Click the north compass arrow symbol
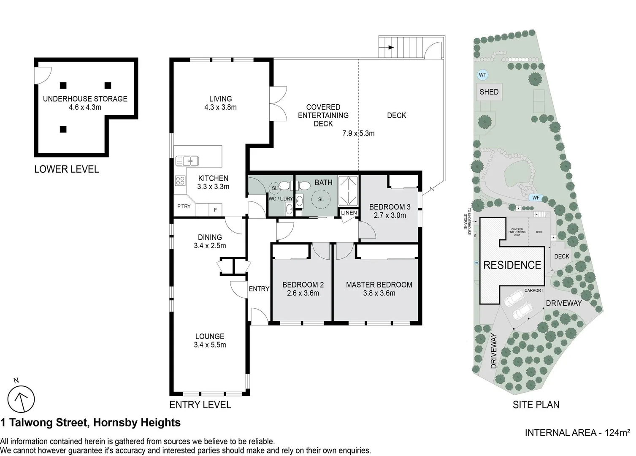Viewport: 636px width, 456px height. pyautogui.click(x=21, y=399)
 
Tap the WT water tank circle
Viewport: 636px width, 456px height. pyautogui.click(x=482, y=75)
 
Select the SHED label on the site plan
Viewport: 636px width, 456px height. pyautogui.click(x=489, y=92)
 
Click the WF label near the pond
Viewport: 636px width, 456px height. pyautogui.click(x=536, y=198)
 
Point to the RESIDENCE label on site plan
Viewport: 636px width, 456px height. pyautogui.click(x=512, y=265)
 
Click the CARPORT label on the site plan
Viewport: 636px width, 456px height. pyautogui.click(x=533, y=290)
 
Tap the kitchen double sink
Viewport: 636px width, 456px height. pyautogui.click(x=187, y=161)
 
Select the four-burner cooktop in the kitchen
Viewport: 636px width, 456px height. pyautogui.click(x=180, y=181)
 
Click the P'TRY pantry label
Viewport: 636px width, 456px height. pyautogui.click(x=184, y=206)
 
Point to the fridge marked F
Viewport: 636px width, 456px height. pyautogui.click(x=215, y=209)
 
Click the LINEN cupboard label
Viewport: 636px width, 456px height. pyautogui.click(x=349, y=213)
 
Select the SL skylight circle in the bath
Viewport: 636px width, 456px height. pyautogui.click(x=321, y=199)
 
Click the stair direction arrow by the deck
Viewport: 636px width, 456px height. pyautogui.click(x=390, y=48)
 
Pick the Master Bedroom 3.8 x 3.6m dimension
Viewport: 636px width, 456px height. pyautogui.click(x=379, y=293)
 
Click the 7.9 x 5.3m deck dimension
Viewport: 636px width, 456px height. pyautogui.click(x=358, y=133)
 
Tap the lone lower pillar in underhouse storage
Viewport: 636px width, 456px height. pyautogui.click(x=63, y=129)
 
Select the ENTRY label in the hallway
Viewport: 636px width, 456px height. pyautogui.click(x=259, y=289)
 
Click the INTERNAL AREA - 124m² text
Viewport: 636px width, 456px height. pyautogui.click(x=577, y=433)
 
